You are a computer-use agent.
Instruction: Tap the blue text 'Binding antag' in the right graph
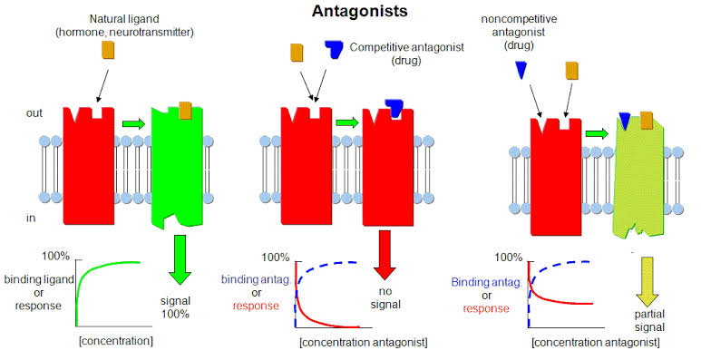(486, 283)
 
